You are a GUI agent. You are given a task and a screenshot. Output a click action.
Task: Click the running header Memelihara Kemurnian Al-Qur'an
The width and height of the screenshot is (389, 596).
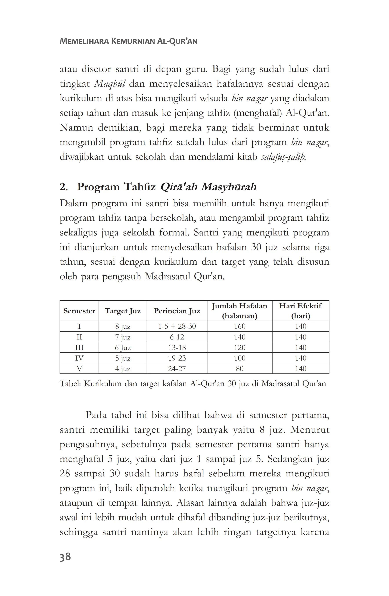128,41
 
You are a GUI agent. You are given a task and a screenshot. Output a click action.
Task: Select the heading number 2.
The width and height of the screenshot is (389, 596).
64,187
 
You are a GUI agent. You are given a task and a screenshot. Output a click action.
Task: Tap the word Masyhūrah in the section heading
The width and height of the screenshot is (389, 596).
229,187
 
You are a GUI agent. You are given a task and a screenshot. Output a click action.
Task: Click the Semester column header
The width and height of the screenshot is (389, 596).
79,311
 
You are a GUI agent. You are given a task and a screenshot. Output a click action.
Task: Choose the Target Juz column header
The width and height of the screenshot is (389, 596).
123,311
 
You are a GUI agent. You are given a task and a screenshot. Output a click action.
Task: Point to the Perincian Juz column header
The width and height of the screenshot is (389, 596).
177,311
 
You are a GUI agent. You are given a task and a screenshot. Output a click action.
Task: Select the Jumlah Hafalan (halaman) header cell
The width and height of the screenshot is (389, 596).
240,311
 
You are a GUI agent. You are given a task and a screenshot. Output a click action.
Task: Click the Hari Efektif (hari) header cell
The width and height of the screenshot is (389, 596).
300,311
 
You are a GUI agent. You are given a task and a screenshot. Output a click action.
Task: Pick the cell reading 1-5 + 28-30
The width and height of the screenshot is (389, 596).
177,326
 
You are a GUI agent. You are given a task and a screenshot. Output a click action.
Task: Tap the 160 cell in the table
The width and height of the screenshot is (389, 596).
240,326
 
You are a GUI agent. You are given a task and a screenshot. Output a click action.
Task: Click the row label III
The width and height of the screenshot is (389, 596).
79,348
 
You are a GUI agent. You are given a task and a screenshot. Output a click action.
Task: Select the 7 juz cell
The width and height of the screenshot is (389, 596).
123,337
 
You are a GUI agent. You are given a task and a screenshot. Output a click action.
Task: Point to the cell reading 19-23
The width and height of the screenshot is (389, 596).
177,358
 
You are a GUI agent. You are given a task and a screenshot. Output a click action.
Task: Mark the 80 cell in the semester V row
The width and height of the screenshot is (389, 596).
240,369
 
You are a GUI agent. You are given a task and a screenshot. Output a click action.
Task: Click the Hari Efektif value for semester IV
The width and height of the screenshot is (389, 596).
300,358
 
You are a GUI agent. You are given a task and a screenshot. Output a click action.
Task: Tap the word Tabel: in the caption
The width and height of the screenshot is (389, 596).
70,384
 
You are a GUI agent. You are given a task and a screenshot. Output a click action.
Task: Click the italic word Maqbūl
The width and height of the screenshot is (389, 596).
109,84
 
